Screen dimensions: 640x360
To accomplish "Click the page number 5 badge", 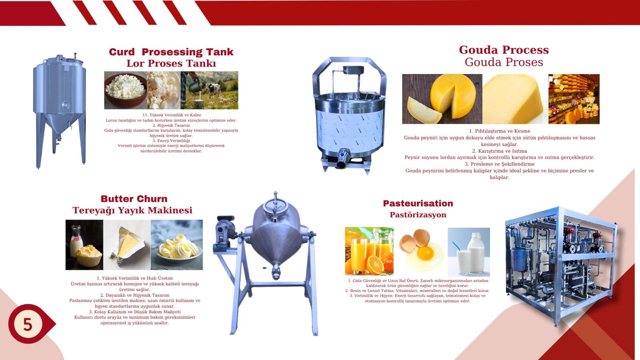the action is click(28, 324).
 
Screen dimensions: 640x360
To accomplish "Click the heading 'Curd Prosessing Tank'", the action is click(171, 52).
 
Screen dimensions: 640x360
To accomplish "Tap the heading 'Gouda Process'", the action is click(504, 50).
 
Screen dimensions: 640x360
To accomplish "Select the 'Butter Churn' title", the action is click(134, 198).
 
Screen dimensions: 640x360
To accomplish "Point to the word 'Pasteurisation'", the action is click(418, 203).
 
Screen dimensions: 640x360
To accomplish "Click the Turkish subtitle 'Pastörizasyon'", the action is click(418, 214).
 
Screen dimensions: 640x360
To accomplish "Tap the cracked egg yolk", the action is click(426, 252).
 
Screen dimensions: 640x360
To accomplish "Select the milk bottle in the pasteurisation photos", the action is click(476, 253).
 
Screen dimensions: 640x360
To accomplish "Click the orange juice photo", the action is click(369, 251).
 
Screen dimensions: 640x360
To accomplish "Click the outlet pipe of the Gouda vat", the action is click(342, 160).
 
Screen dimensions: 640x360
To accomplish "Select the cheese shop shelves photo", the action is click(574, 99).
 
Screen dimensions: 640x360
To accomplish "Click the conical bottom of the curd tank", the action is click(60, 124).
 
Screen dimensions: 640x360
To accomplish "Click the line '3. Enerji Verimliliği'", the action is click(171, 140).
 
